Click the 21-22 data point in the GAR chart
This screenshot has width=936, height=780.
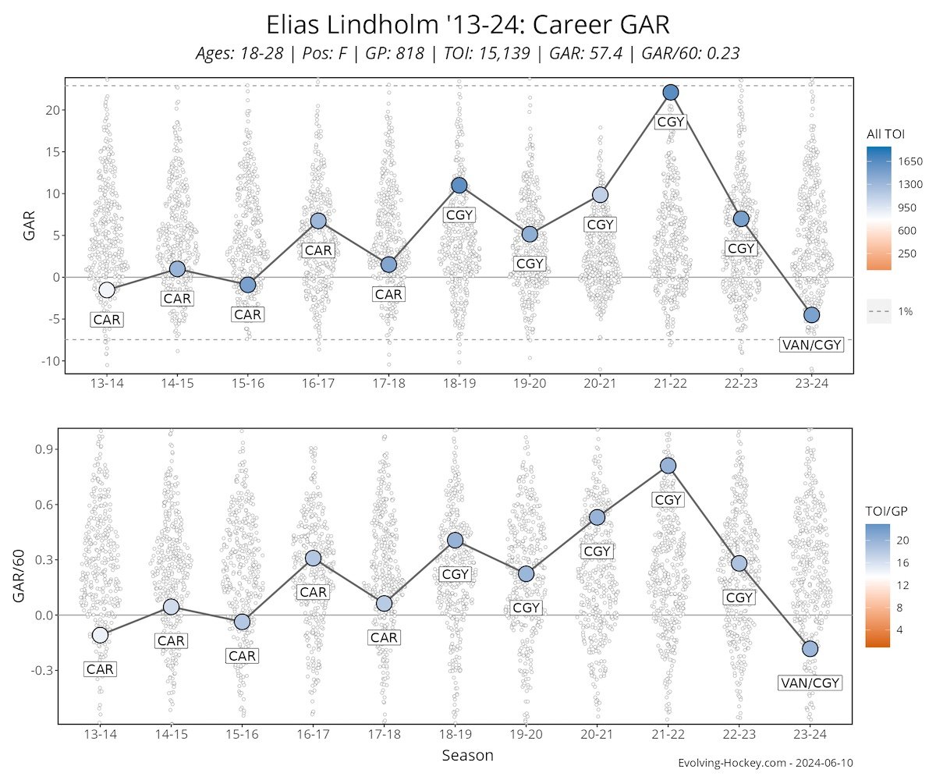pyautogui.click(x=670, y=92)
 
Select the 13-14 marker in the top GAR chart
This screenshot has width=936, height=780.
pyautogui.click(x=107, y=290)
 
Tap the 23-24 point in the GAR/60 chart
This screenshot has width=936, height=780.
pyautogui.click(x=810, y=649)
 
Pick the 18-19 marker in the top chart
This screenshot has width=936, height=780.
pyautogui.click(x=459, y=185)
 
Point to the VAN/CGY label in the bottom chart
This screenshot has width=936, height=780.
pyautogui.click(x=810, y=683)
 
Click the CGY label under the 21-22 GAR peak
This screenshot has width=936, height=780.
pyautogui.click(x=670, y=122)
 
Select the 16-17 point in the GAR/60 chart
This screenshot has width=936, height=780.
pyautogui.click(x=313, y=558)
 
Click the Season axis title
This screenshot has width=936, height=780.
pyautogui.click(x=467, y=756)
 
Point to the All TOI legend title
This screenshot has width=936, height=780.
pyautogui.click(x=885, y=134)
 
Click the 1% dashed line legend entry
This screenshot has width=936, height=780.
pyautogui.click(x=890, y=311)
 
